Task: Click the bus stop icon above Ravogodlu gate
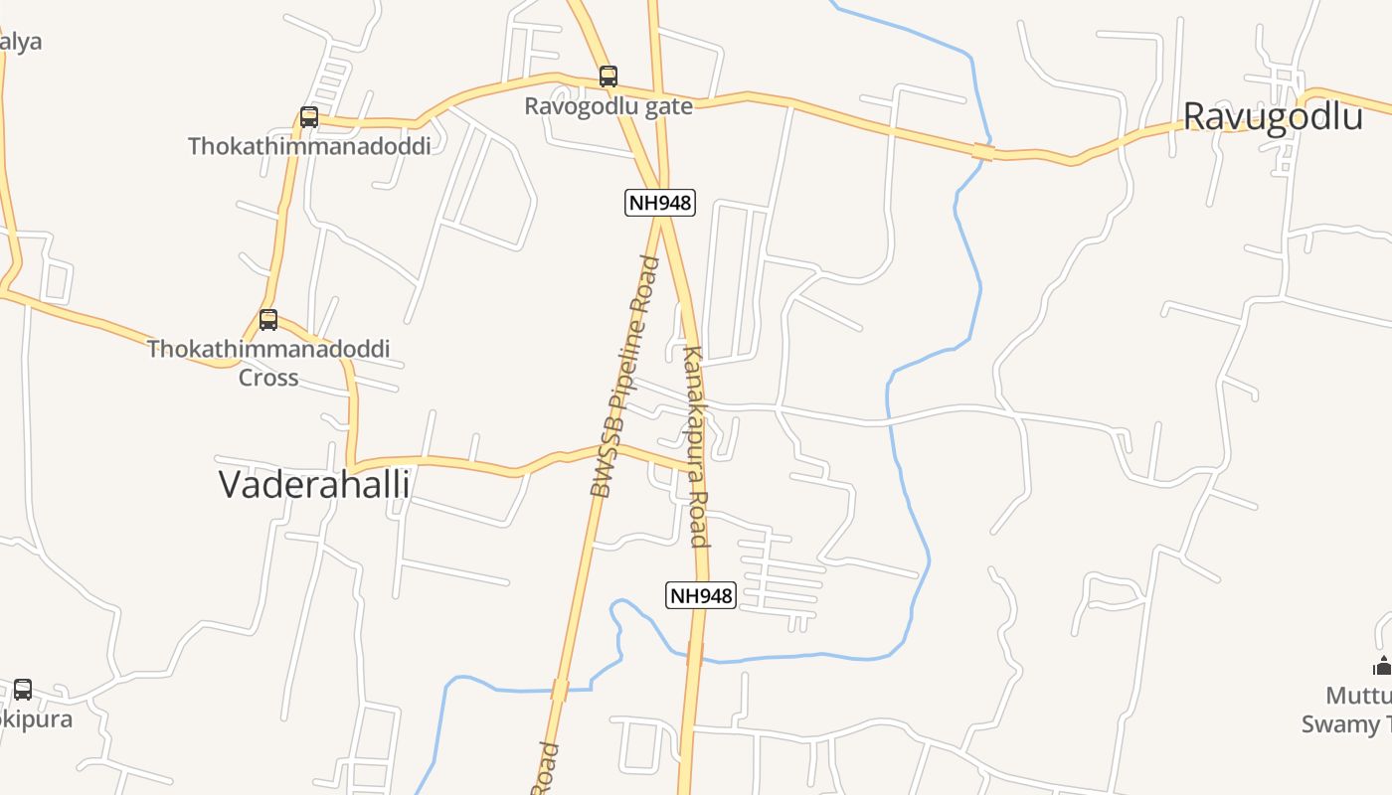pyautogui.click(x=608, y=76)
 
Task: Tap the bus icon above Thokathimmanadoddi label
pyautogui.click(x=309, y=117)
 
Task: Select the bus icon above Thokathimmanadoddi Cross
pyautogui.click(x=268, y=320)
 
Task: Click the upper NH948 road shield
pyautogui.click(x=660, y=203)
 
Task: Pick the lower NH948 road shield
pyautogui.click(x=700, y=595)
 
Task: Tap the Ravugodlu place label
pyautogui.click(x=1272, y=116)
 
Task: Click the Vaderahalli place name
pyautogui.click(x=314, y=484)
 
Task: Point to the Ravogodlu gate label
pyautogui.click(x=609, y=106)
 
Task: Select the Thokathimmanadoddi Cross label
pyautogui.click(x=268, y=363)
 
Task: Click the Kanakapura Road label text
pyautogui.click(x=696, y=446)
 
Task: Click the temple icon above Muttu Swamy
pyautogui.click(x=1382, y=666)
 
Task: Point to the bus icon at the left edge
pyautogui.click(x=22, y=689)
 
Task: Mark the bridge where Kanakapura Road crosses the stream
pyautogui.click(x=695, y=653)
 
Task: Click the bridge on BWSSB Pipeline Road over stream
pyautogui.click(x=560, y=690)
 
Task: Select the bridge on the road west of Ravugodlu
pyautogui.click(x=983, y=151)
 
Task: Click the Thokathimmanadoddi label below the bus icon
pyautogui.click(x=309, y=146)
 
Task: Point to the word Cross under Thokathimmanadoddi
pyautogui.click(x=268, y=378)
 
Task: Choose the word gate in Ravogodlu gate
pyautogui.click(x=667, y=106)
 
